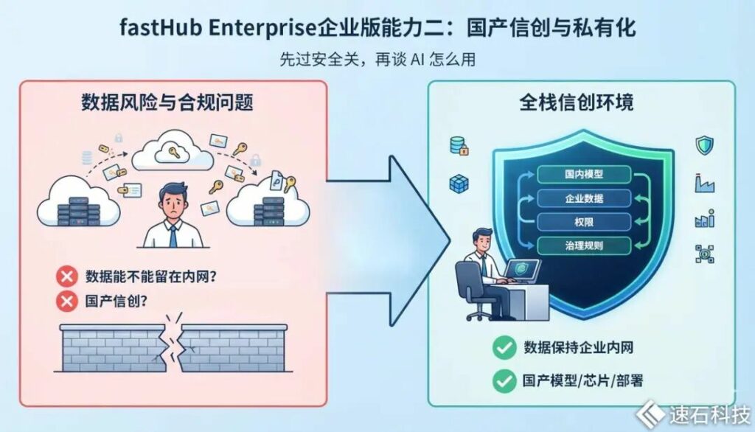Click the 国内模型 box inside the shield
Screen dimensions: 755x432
pyautogui.click(x=584, y=174)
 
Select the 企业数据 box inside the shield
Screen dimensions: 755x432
pyautogui.click(x=584, y=198)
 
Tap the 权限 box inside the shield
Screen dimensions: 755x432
pyautogui.click(x=584, y=222)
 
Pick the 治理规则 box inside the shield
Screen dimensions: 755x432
pyautogui.click(x=584, y=245)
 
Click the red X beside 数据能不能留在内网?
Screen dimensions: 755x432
pyautogui.click(x=67, y=276)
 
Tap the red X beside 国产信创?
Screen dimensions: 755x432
pyautogui.click(x=67, y=301)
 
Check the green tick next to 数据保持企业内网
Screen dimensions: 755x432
pyautogui.click(x=504, y=347)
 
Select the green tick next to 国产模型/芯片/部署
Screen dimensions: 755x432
pyautogui.click(x=504, y=381)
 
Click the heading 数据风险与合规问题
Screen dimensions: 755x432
pyautogui.click(x=167, y=102)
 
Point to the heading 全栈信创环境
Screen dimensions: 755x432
pyautogui.click(x=577, y=102)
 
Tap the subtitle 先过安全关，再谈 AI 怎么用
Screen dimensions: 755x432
pyautogui.click(x=377, y=59)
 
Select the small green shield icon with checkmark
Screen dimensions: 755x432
pyautogui.click(x=704, y=145)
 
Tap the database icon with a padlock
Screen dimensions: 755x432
pyautogui.click(x=459, y=145)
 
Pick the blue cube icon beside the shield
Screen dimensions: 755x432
pyautogui.click(x=459, y=184)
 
